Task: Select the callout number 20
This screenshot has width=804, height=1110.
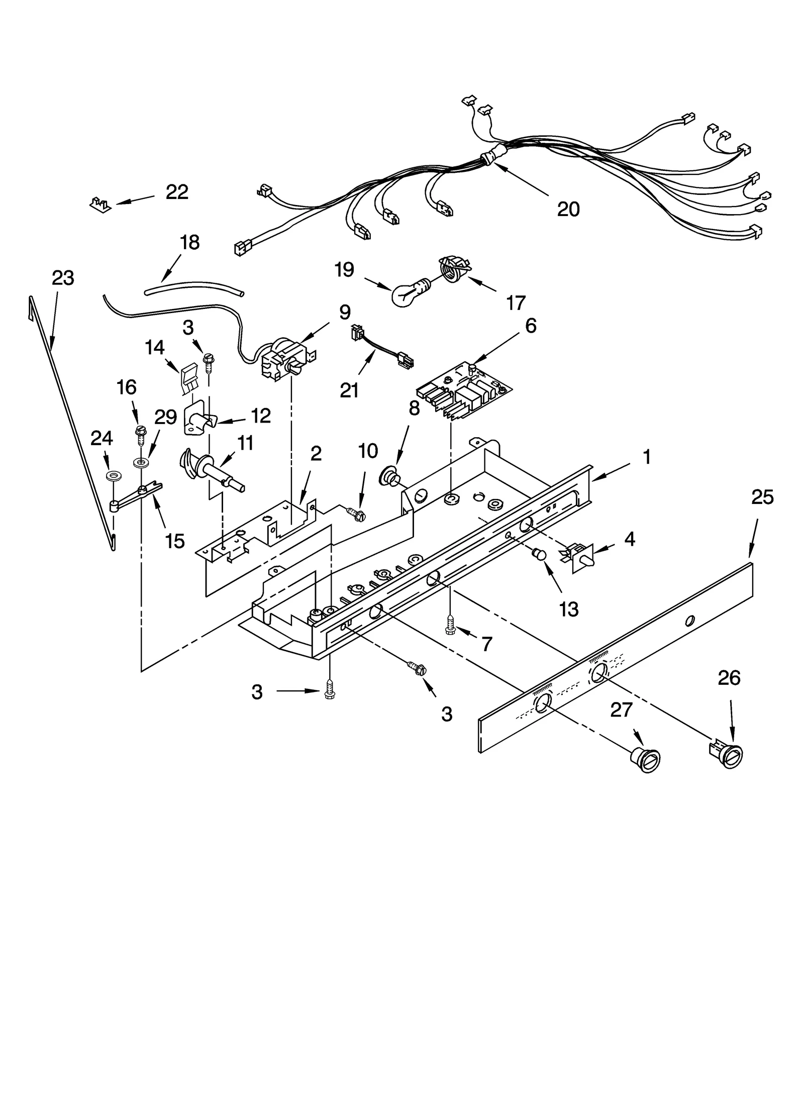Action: click(x=568, y=209)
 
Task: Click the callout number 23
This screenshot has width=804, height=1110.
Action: click(x=63, y=277)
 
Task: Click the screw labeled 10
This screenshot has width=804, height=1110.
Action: click(x=358, y=514)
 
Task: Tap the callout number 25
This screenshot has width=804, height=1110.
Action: click(x=762, y=497)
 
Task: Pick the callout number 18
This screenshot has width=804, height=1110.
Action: click(x=189, y=242)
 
